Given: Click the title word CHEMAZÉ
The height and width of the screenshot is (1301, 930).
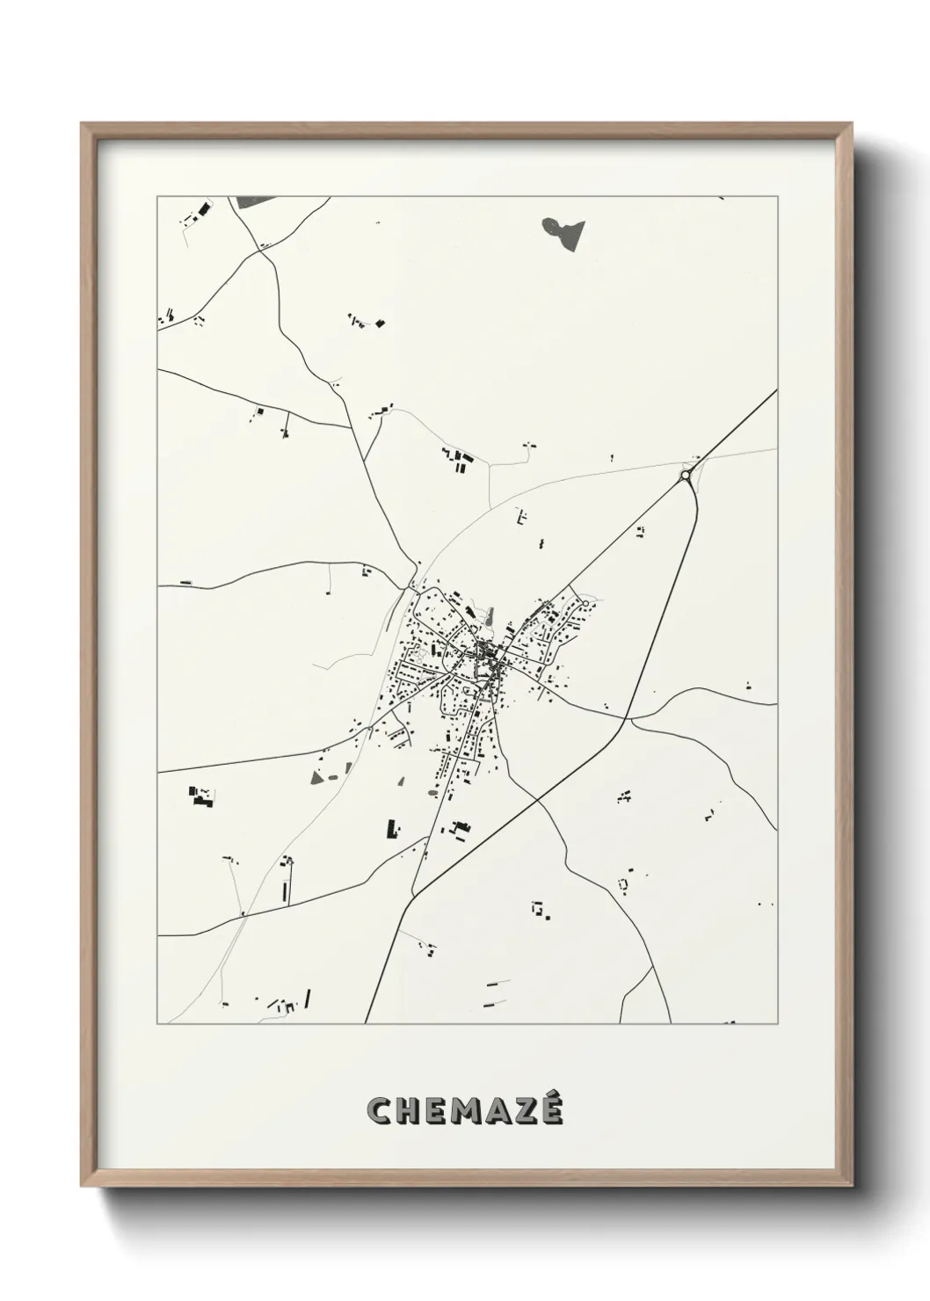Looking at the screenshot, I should [465, 1109].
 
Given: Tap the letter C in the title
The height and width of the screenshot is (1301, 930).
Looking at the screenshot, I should [381, 1110].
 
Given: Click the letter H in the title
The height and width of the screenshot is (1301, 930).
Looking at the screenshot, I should [409, 1110].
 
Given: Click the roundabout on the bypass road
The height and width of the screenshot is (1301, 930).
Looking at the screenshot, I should [685, 476].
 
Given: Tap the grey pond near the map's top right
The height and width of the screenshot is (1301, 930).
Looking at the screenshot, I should [563, 230].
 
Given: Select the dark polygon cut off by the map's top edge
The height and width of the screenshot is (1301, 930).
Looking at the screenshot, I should [254, 202].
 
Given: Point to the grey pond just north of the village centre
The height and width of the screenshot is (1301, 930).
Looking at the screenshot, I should [490, 622].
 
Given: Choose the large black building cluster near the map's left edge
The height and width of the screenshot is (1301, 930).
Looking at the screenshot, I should [201, 796].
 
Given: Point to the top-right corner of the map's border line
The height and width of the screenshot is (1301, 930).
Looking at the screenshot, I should [777, 196].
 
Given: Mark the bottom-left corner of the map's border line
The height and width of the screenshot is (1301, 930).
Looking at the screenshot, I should [157, 1023].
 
